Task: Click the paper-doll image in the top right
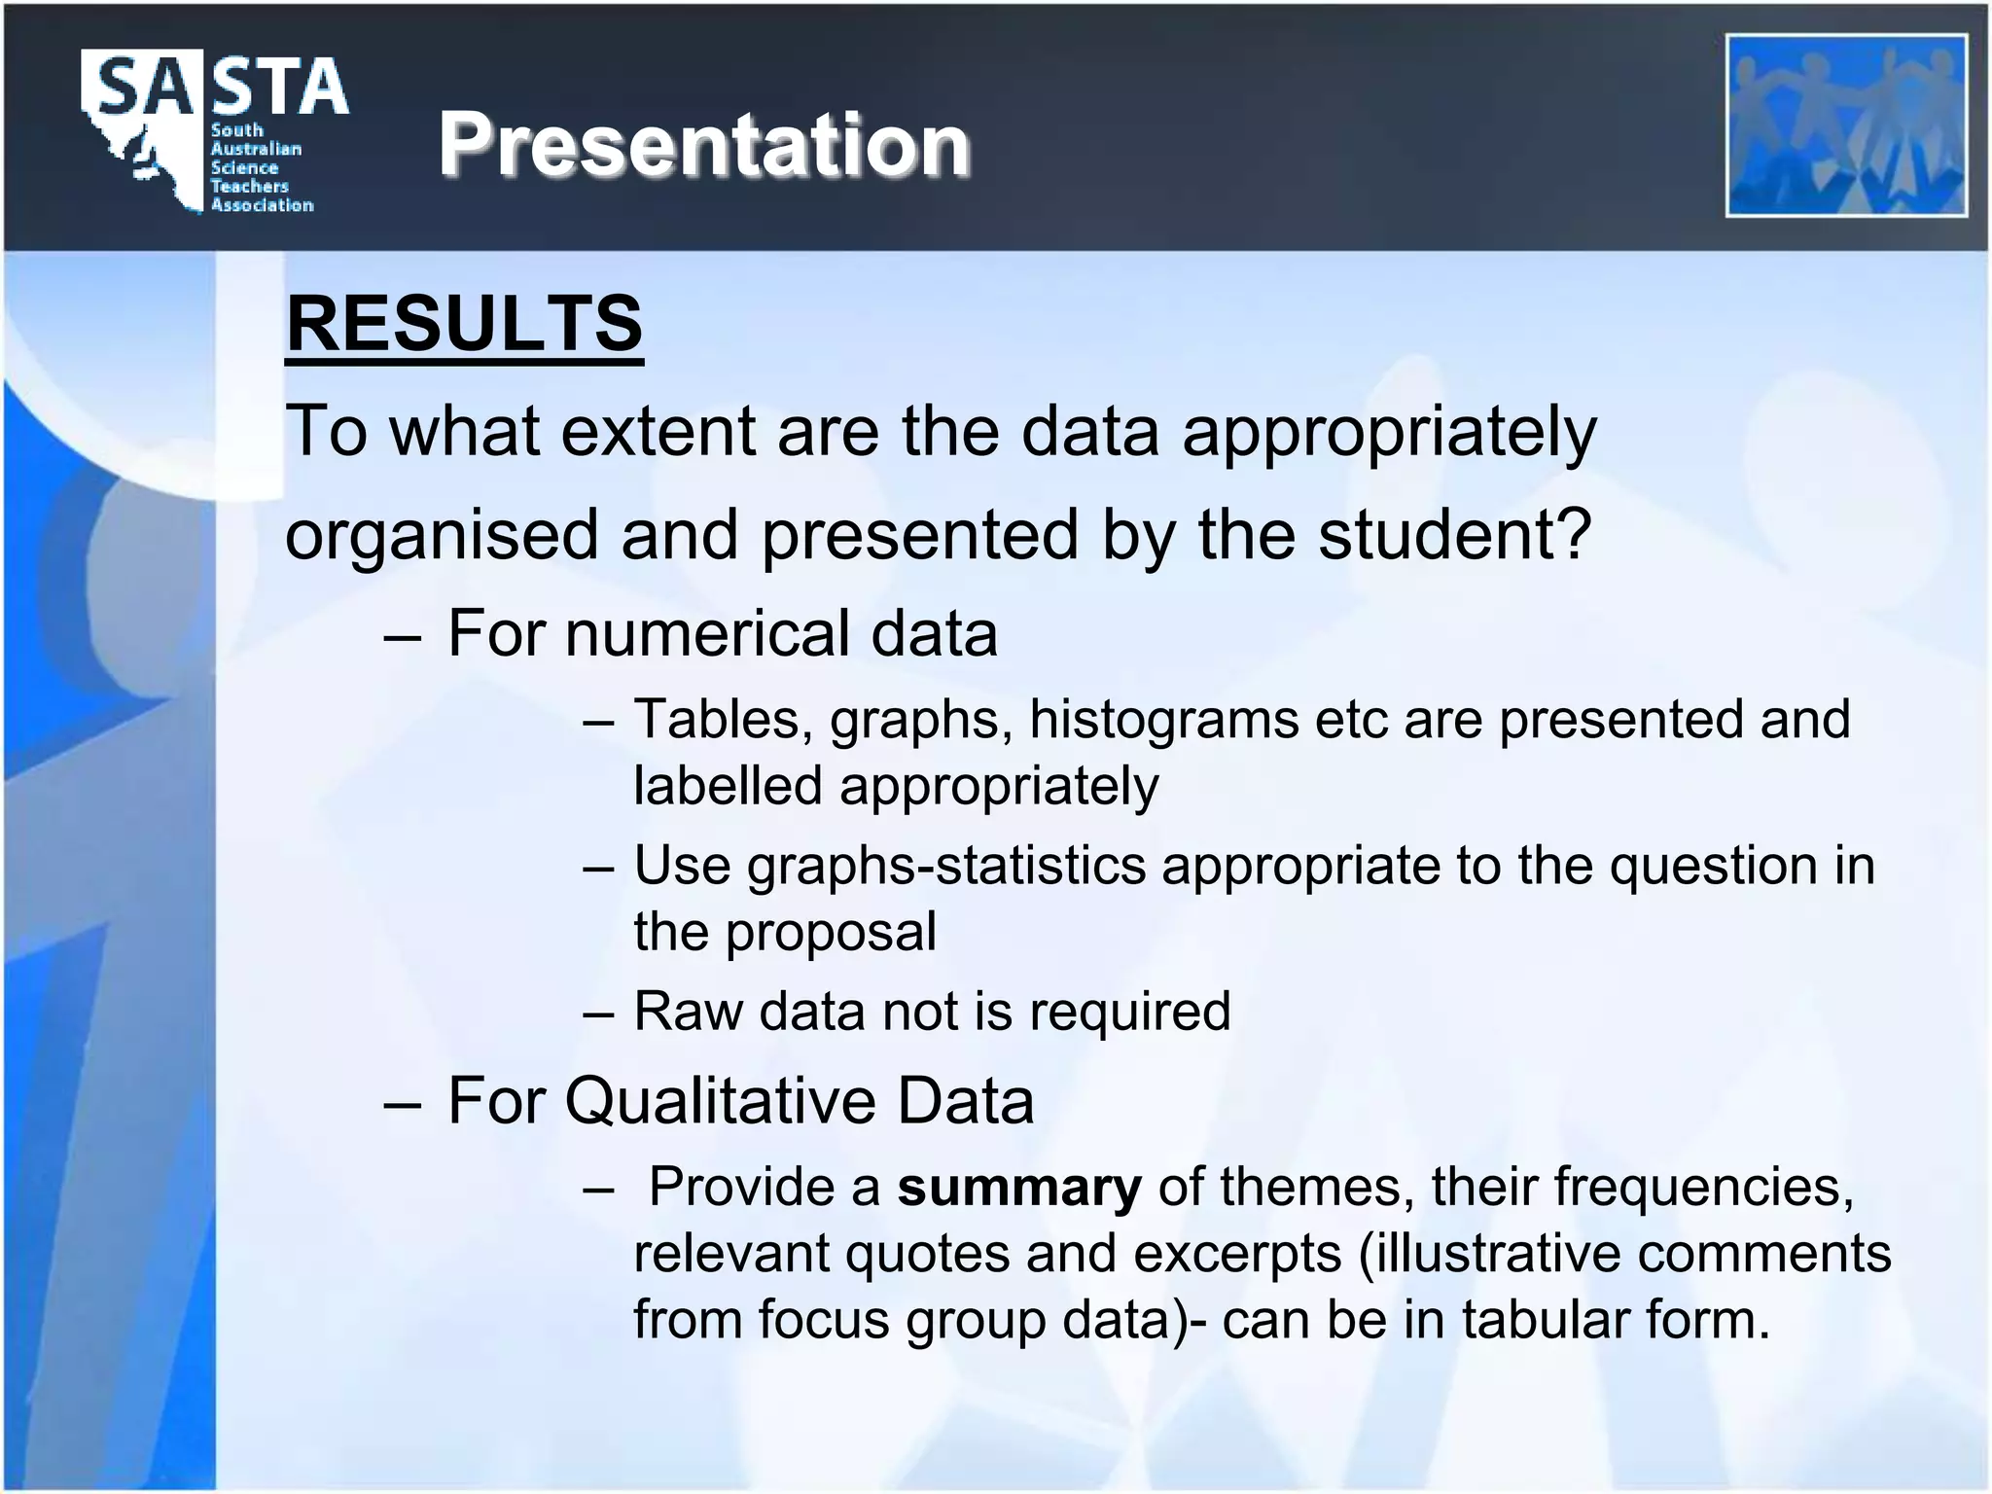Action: click(x=1846, y=125)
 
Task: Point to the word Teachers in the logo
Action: click(x=250, y=186)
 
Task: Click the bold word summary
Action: click(x=1018, y=1188)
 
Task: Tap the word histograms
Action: click(x=1163, y=720)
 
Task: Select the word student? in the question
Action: click(x=1453, y=534)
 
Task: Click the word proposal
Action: click(x=831, y=932)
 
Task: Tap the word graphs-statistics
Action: click(x=945, y=865)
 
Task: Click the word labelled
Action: click(x=728, y=786)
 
